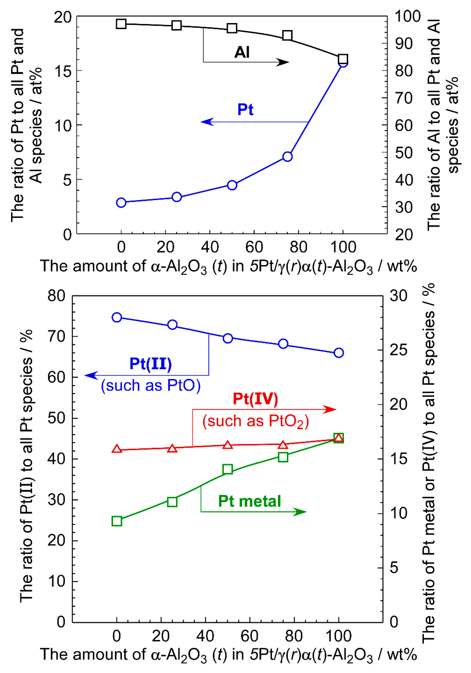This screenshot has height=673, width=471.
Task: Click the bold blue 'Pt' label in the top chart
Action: coord(245,109)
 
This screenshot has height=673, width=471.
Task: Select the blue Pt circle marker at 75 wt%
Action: coord(287,157)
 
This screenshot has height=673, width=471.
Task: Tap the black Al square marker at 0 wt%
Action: coord(121,24)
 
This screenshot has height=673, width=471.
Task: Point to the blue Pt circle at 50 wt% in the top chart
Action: coord(232,185)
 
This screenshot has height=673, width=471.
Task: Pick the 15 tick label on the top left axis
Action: coord(63,71)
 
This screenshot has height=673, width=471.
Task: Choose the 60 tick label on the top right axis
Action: coord(404,125)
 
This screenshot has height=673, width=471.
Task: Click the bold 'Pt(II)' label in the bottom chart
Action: coord(150,364)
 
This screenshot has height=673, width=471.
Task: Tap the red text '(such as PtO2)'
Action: coord(255,421)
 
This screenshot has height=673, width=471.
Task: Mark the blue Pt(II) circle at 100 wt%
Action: coord(338,353)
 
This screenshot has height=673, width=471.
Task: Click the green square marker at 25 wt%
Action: coord(172,502)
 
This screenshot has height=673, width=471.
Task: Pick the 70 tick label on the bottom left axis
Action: coord(56,337)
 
